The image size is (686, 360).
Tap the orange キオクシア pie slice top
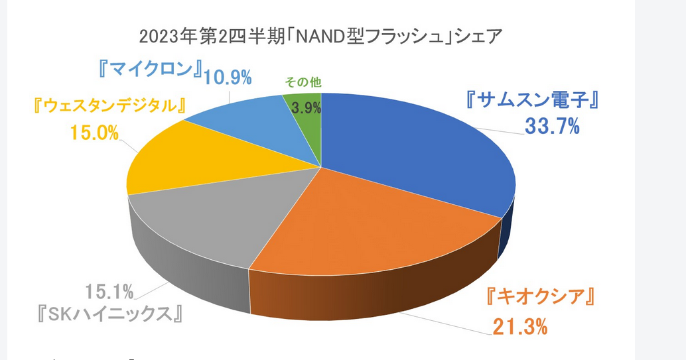coord(372,225)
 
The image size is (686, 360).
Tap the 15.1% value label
coord(109,291)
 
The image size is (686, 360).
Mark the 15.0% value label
coord(94,132)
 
